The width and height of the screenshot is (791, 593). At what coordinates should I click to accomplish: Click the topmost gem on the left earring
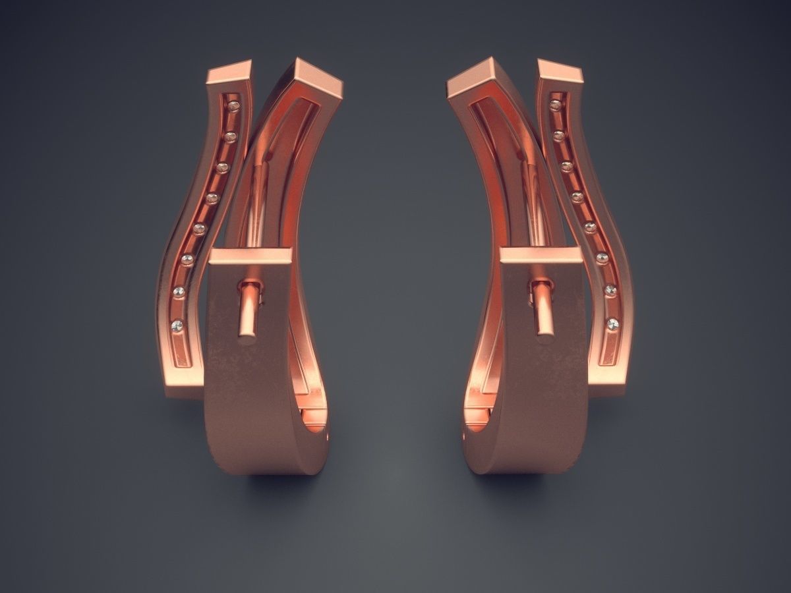pyautogui.click(x=233, y=106)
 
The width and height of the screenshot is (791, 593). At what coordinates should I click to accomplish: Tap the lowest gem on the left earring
pyautogui.click(x=177, y=325)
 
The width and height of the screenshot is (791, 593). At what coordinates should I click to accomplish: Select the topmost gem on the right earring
pyautogui.click(x=556, y=105)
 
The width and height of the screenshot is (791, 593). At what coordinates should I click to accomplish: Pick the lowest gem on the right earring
pyautogui.click(x=612, y=324)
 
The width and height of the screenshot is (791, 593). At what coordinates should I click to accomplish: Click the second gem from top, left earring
pyautogui.click(x=230, y=137)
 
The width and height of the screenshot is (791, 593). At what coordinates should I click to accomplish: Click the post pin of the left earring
pyautogui.click(x=249, y=310)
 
